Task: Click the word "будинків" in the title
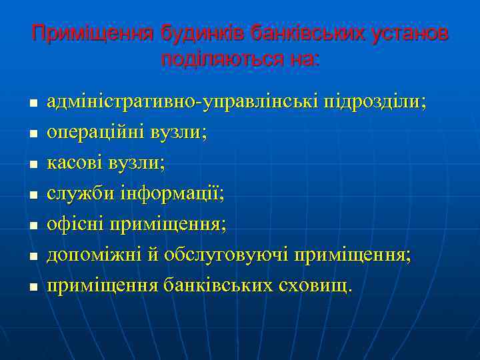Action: pos(195,33)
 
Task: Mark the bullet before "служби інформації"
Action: pos(31,195)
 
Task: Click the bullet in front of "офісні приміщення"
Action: pos(31,225)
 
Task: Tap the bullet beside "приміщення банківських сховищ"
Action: pos(31,287)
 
